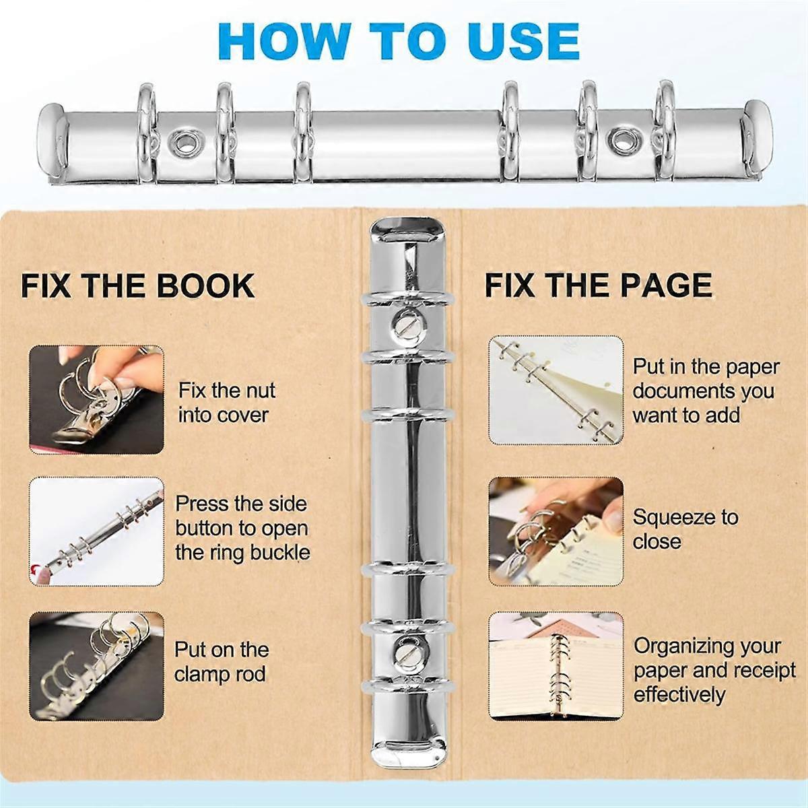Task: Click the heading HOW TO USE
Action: point(399,41)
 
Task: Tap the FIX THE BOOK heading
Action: point(138,285)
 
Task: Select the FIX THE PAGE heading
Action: point(599,285)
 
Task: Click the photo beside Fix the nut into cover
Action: point(96,400)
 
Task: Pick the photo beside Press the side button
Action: point(96,531)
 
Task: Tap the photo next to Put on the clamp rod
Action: point(96,666)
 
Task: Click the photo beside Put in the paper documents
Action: point(555,391)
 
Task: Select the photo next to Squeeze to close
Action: point(555,531)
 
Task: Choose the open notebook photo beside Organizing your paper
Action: point(555,666)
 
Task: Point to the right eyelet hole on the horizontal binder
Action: point(621,140)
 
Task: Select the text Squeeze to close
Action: point(684,529)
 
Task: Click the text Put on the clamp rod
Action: point(221,662)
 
